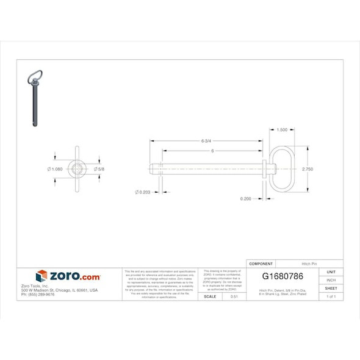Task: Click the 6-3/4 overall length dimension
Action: coord(206,140)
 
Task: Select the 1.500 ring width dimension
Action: coord(282,130)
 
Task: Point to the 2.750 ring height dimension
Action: coord(308,169)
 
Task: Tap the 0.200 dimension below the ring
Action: coord(245,198)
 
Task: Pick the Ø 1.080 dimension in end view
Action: coord(55,169)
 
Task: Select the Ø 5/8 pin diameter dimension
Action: coord(99,169)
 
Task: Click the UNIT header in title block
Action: coord(331,272)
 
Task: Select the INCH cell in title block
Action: coord(331,279)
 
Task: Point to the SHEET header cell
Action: coord(331,288)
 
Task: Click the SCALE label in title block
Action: coord(210,296)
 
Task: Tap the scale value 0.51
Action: coord(234,296)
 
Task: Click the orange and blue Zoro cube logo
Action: coord(41,276)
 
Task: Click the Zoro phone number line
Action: coord(38,294)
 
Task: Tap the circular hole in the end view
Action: coord(77,169)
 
